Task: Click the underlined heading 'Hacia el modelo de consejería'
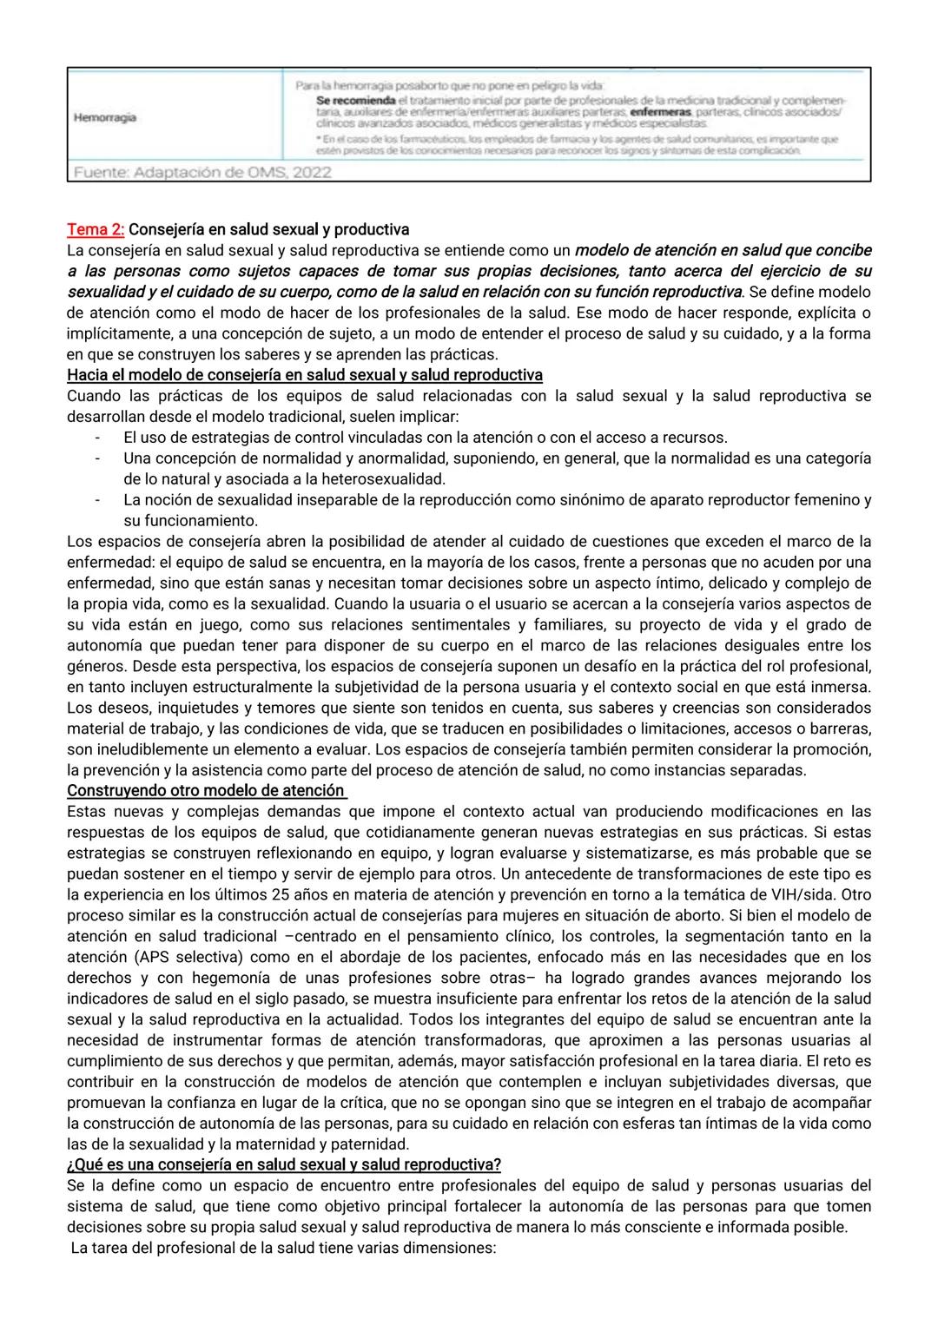coord(304,375)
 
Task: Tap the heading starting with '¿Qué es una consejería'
coord(283,1164)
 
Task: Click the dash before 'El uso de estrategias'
coord(97,437)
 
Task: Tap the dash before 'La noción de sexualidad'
coord(97,499)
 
